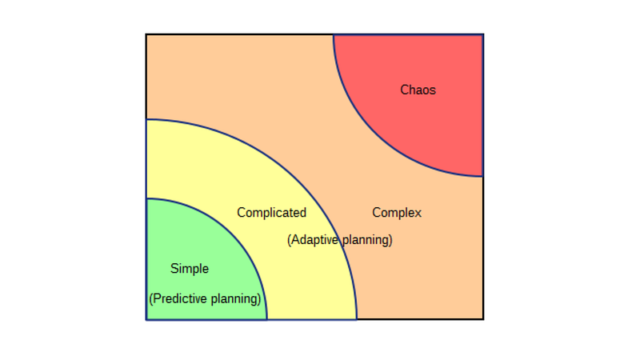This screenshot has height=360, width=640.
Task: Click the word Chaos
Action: point(418,90)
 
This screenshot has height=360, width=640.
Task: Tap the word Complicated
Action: point(271,213)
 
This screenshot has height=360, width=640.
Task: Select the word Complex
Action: point(397,213)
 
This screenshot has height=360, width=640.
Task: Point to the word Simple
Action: point(190,269)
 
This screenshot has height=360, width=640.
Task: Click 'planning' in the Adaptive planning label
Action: point(366,240)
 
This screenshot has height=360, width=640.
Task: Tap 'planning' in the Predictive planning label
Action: point(235,299)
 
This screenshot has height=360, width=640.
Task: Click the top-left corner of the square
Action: point(146,34)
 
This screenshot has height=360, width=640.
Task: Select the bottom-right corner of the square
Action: point(483,319)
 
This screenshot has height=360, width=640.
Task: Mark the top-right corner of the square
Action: point(483,34)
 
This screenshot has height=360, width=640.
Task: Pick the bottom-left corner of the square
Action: point(146,319)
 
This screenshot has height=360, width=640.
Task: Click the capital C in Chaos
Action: point(405,90)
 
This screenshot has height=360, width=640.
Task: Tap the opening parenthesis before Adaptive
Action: point(289,240)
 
